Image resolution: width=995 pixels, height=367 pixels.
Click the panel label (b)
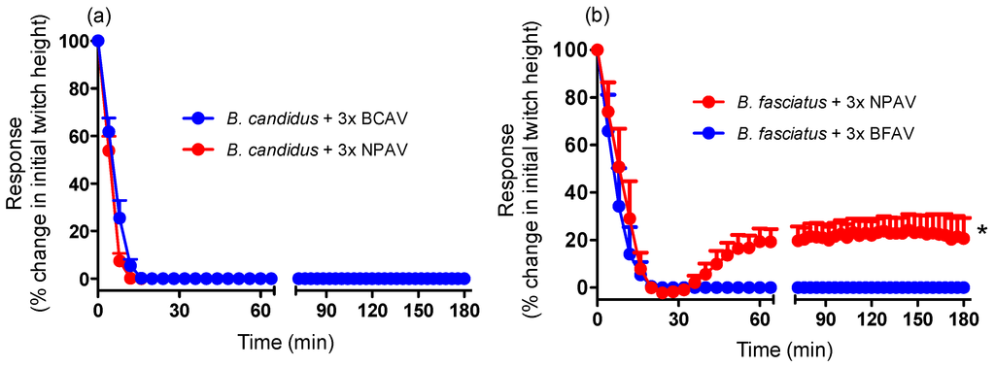(595, 16)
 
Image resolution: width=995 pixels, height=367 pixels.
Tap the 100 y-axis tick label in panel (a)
(70, 41)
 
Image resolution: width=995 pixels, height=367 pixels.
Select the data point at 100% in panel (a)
(97, 41)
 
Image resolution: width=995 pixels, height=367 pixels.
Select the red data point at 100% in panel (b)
(598, 50)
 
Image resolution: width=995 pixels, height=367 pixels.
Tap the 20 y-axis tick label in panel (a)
(74, 231)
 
